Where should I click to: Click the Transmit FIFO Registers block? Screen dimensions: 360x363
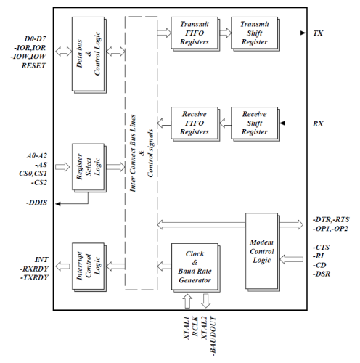(195, 33)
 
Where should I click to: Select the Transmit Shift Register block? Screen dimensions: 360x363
(255, 33)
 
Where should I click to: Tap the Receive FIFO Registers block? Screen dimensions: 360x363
(195, 123)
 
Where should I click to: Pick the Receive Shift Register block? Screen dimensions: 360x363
(255, 123)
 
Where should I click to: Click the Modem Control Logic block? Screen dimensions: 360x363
(263, 252)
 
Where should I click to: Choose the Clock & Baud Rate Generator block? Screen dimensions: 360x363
(196, 267)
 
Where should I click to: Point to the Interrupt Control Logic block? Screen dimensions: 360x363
(89, 267)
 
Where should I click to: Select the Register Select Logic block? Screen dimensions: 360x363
(89, 168)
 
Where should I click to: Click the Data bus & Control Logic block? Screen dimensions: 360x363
(89, 55)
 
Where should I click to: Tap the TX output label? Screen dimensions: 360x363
(318, 33)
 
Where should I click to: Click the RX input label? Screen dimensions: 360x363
(318, 123)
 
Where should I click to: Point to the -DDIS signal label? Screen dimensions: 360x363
(36, 203)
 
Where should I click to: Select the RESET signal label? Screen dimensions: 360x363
(33, 65)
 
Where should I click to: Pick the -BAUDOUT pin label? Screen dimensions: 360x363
(213, 336)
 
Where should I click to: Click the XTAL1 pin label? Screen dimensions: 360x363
(187, 328)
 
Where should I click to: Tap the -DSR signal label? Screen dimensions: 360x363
(322, 274)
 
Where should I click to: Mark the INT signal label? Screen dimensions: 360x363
(41, 260)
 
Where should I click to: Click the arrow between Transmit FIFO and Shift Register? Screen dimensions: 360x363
(225, 33)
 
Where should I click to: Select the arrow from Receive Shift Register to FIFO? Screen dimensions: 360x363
(225, 123)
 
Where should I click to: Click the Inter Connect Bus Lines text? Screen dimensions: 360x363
(133, 153)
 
